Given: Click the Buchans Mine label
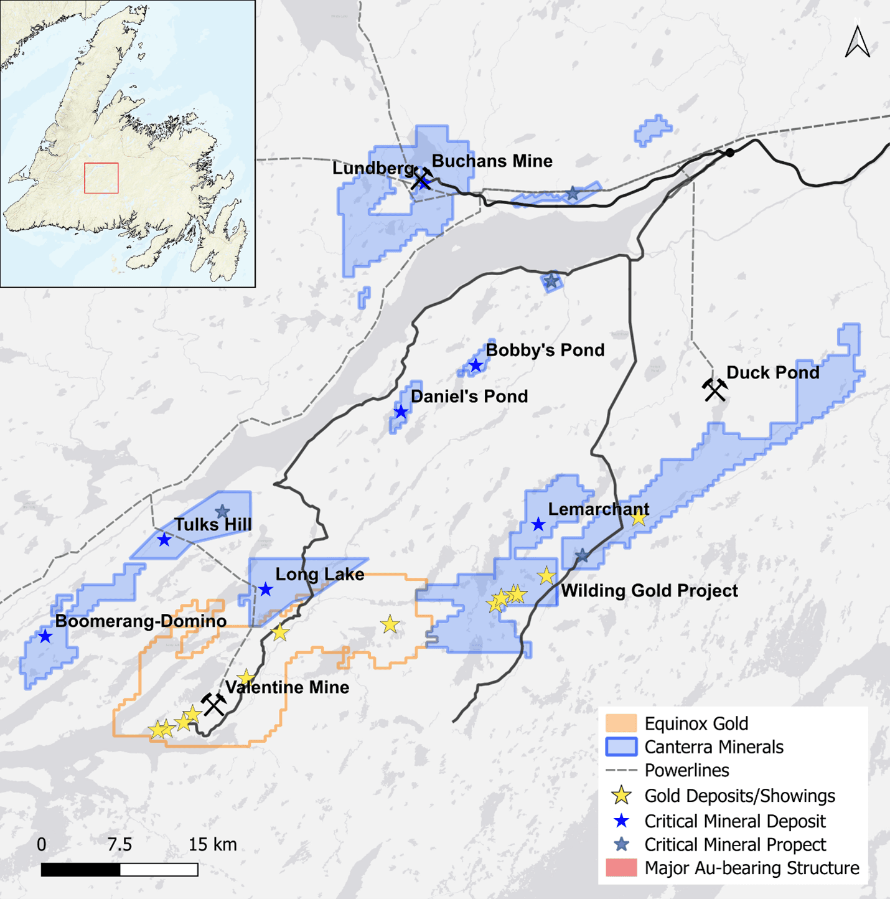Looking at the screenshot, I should (492, 161).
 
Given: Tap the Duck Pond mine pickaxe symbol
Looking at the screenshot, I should (714, 390).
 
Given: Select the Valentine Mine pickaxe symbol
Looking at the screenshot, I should (214, 705).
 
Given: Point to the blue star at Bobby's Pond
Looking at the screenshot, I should (476, 365).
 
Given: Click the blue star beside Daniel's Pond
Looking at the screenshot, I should (401, 412).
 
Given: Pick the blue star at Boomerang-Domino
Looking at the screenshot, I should (45, 636).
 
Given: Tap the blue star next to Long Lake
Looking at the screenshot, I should (266, 590).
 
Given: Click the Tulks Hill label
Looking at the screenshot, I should (213, 525).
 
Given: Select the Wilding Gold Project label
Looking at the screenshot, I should (649, 591).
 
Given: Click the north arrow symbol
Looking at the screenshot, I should (857, 42).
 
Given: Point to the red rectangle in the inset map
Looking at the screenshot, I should (101, 178).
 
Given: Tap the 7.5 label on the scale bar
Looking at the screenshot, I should (119, 845).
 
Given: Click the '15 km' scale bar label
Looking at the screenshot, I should (212, 845).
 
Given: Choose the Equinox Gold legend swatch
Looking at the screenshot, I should (621, 723).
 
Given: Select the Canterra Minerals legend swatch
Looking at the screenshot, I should (621, 747).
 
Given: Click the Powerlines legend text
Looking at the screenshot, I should (686, 771).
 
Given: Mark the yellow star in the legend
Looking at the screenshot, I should (621, 796).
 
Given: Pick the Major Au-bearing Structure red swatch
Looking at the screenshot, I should (621, 868).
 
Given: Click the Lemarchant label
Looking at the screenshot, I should (598, 509).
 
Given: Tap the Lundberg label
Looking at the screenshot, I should (372, 169).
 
